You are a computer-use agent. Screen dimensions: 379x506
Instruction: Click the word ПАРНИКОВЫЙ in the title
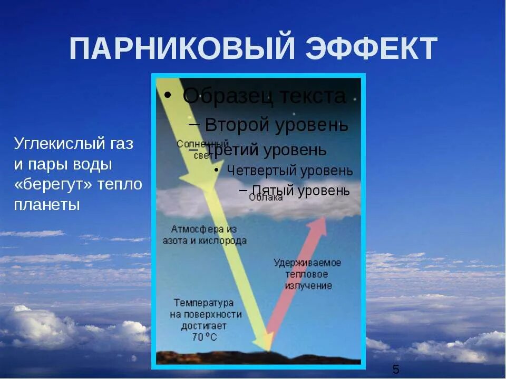pyautogui.click(x=181, y=49)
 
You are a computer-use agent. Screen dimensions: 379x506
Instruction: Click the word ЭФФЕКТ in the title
pyautogui.click(x=371, y=49)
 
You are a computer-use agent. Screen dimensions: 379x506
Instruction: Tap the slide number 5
pyautogui.click(x=396, y=368)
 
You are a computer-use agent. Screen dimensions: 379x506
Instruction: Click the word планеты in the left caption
pyautogui.click(x=47, y=205)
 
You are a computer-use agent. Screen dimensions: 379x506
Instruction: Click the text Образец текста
pyautogui.click(x=264, y=96)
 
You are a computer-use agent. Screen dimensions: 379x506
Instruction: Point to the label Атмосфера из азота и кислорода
pyautogui.click(x=209, y=235)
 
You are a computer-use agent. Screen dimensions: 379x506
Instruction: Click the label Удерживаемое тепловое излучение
pyautogui.click(x=307, y=274)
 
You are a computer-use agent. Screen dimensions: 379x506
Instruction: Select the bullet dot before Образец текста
pyautogui.click(x=167, y=95)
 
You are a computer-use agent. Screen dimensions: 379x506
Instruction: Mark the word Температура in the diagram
pyautogui.click(x=203, y=303)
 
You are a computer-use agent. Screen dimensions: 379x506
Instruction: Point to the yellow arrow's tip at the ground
pyautogui.click(x=267, y=347)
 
